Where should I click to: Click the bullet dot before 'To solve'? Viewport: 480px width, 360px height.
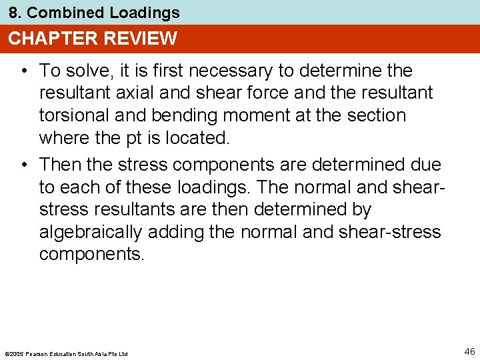click(23, 71)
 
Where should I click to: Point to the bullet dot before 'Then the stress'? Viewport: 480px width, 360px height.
click(23, 163)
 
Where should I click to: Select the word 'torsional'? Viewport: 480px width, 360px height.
click(74, 116)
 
